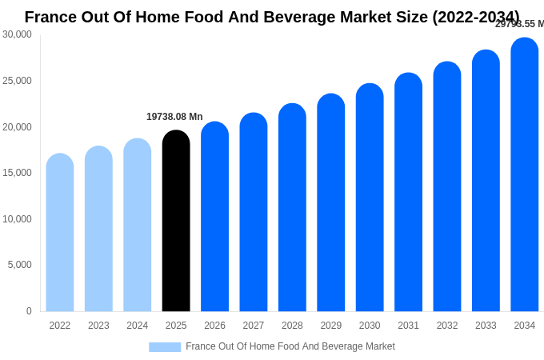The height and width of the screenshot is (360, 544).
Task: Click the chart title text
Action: point(272,17)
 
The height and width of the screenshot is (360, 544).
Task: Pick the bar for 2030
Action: point(370,198)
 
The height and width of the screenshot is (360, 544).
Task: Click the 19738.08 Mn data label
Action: point(174,117)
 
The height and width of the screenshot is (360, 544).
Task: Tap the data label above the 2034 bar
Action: point(519,24)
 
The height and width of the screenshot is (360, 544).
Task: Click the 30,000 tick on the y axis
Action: point(18,34)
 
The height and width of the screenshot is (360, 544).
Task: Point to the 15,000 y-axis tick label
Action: point(18,173)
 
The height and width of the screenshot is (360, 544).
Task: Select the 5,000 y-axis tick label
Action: point(20,265)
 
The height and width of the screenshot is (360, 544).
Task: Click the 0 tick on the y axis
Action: point(29,311)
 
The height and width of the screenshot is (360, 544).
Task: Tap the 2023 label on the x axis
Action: point(98,326)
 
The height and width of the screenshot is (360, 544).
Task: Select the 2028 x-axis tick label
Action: point(292,326)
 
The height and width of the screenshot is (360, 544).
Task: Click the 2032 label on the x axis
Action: point(447,326)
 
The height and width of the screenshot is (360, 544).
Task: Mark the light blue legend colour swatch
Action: point(165,347)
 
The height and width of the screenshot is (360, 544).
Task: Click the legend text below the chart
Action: point(290,346)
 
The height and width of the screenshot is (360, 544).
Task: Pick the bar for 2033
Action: point(486,181)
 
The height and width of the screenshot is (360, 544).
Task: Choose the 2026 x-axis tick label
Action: point(214,326)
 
